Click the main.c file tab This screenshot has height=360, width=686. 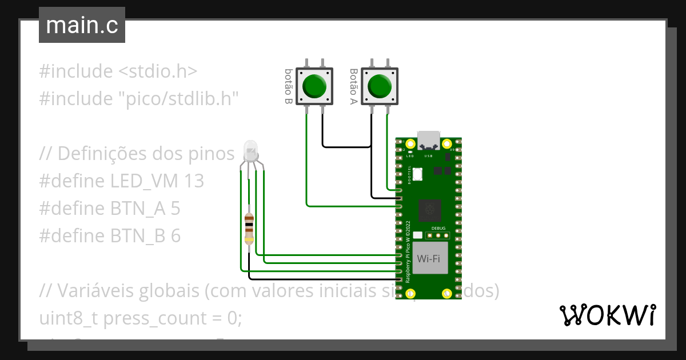82,26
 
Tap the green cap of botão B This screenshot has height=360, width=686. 314,86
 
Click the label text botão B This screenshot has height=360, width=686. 289,86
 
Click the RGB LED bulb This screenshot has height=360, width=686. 251,151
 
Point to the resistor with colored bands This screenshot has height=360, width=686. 249,228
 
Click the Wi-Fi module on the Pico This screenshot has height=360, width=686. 429,259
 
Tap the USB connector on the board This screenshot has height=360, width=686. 429,141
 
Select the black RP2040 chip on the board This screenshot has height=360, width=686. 429,210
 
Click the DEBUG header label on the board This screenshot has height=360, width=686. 438,228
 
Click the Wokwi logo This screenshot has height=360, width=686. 607,315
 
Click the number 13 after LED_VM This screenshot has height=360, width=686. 194,181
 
